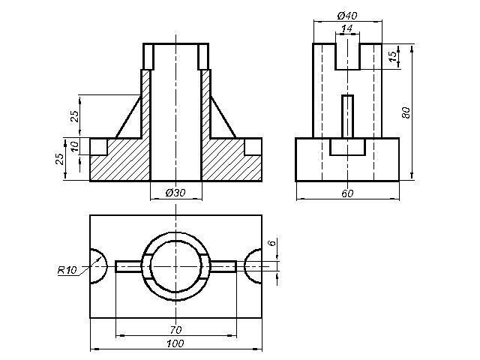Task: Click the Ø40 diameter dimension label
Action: (347, 15)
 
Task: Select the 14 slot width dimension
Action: (346, 28)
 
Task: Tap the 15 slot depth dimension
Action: (392, 56)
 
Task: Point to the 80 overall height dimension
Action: (406, 112)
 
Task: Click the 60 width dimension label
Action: (347, 193)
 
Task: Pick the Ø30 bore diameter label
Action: (175, 193)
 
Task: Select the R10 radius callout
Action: (67, 270)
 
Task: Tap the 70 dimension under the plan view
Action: (175, 330)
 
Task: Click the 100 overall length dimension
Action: (175, 343)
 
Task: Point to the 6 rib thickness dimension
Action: (271, 243)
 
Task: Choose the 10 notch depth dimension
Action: (74, 146)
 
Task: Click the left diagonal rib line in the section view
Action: (128, 117)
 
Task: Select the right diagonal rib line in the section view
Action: (223, 117)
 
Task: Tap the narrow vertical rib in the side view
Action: (347, 116)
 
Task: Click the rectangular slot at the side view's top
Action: (347, 56)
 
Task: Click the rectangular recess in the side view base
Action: (347, 147)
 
